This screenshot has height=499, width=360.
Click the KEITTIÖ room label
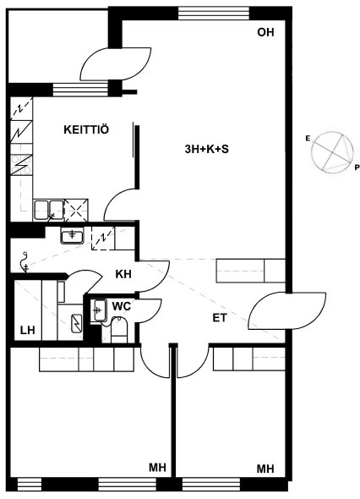tap(86, 129)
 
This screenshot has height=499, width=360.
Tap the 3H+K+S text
tap(206, 149)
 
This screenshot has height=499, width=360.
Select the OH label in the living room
tap(265, 32)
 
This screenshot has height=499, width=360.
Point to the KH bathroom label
tap(123, 274)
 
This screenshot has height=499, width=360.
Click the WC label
tap(122, 306)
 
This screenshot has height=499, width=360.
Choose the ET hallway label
tap(220, 318)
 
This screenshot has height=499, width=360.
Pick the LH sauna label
tap(27, 330)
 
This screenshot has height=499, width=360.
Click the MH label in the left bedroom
tap(158, 468)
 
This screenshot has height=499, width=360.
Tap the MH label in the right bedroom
tap(265, 469)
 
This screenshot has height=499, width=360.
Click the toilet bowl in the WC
tap(119, 330)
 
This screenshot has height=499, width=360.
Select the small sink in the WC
tap(98, 310)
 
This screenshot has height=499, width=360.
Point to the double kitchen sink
tap(48, 210)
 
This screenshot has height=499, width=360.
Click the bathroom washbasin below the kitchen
tap(72, 237)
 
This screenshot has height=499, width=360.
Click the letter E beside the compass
tap(308, 139)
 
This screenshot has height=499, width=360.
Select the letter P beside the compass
tap(357, 167)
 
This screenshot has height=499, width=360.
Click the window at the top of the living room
tap(214, 14)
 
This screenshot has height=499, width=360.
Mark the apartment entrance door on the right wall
tap(287, 311)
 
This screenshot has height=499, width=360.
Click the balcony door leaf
tap(116, 64)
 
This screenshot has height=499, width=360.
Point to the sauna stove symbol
tap(77, 323)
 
